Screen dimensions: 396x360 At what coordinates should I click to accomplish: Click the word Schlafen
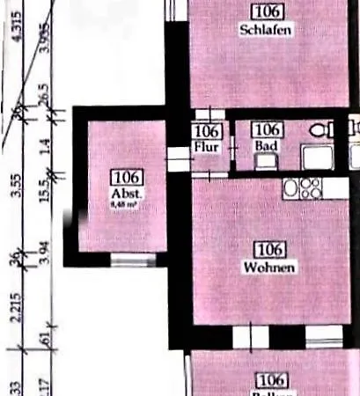coord(266,29)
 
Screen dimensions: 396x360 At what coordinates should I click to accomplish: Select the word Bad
coord(265,146)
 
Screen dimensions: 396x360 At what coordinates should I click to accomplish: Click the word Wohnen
coord(269,267)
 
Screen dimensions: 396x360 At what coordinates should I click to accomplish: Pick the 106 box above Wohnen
coord(269,249)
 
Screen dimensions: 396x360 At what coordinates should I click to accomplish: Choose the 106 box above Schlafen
coord(266,11)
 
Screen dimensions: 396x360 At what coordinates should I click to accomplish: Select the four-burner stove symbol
coord(310,187)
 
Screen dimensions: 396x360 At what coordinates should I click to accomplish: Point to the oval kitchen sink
coord(290,187)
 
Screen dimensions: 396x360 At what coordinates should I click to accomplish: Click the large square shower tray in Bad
coord(316,157)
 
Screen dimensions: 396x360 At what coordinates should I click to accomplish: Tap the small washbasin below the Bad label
coord(264,161)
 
